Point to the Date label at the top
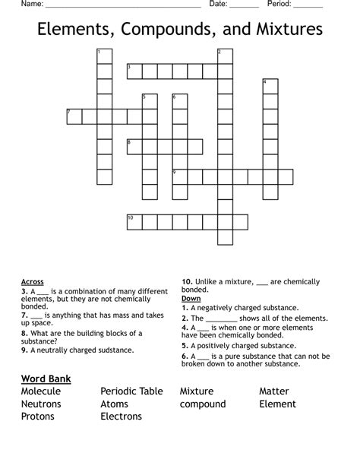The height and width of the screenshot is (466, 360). (x=218, y=4)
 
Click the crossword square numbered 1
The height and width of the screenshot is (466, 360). (x=104, y=55)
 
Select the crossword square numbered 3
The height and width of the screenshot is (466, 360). (x=134, y=71)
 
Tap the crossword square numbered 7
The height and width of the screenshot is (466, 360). (x=74, y=116)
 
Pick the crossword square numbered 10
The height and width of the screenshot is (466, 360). (x=134, y=221)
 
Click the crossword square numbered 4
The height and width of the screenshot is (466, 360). (x=270, y=86)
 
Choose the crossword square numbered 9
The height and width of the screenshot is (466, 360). (x=180, y=176)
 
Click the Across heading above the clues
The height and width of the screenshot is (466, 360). (x=33, y=281)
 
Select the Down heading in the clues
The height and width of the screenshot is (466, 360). (x=191, y=299)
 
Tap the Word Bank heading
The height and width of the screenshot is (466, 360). (x=46, y=378)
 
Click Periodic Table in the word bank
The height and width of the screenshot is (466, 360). (x=131, y=391)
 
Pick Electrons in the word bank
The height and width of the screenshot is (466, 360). (x=121, y=416)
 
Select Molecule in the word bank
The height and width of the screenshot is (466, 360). (x=41, y=391)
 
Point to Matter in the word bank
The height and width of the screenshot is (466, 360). (x=274, y=391)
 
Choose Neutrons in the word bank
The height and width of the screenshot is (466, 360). (x=41, y=404)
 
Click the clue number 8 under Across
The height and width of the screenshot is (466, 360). (x=24, y=333)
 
